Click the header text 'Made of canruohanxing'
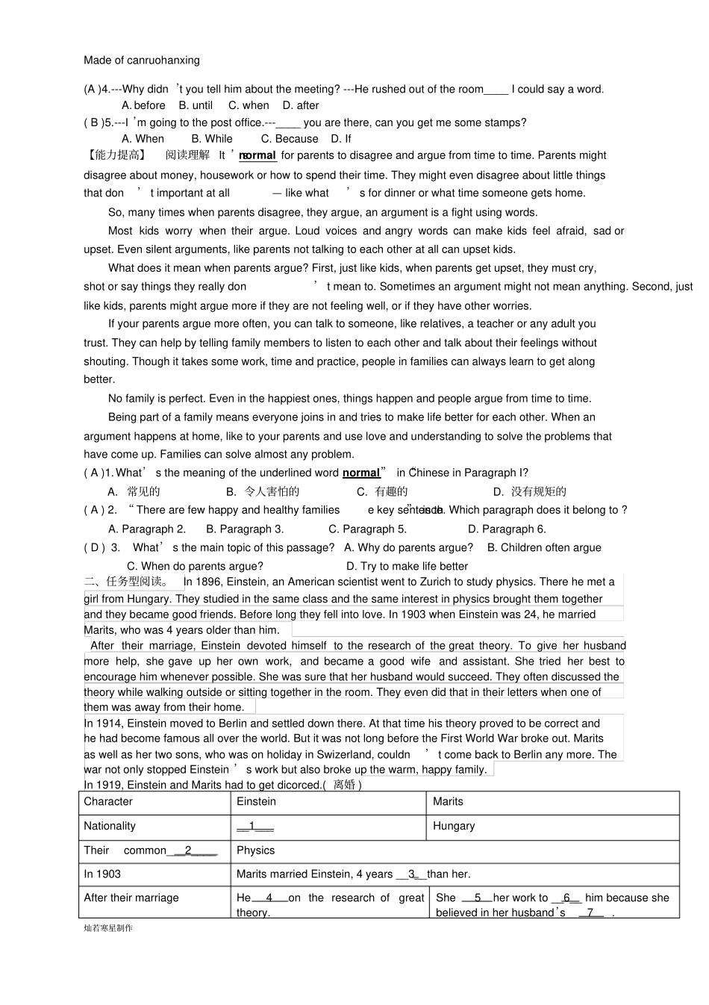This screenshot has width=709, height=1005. point(142,60)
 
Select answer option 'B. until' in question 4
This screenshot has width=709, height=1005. point(196,106)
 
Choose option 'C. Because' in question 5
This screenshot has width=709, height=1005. point(290,139)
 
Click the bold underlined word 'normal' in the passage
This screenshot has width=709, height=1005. point(257,156)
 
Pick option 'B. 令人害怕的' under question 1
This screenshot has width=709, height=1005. point(263,491)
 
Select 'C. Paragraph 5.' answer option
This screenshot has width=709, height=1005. point(367,529)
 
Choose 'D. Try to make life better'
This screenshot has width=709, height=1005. point(407,566)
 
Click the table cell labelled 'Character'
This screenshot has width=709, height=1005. point(108,802)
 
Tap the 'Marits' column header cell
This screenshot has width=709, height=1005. point(448,802)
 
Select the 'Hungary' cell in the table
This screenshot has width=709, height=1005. point(454,826)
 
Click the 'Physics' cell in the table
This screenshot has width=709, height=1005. point(255,850)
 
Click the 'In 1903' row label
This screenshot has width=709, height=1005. point(102,874)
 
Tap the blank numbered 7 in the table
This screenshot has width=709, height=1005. point(590,912)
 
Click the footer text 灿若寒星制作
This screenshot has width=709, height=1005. point(108,928)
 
